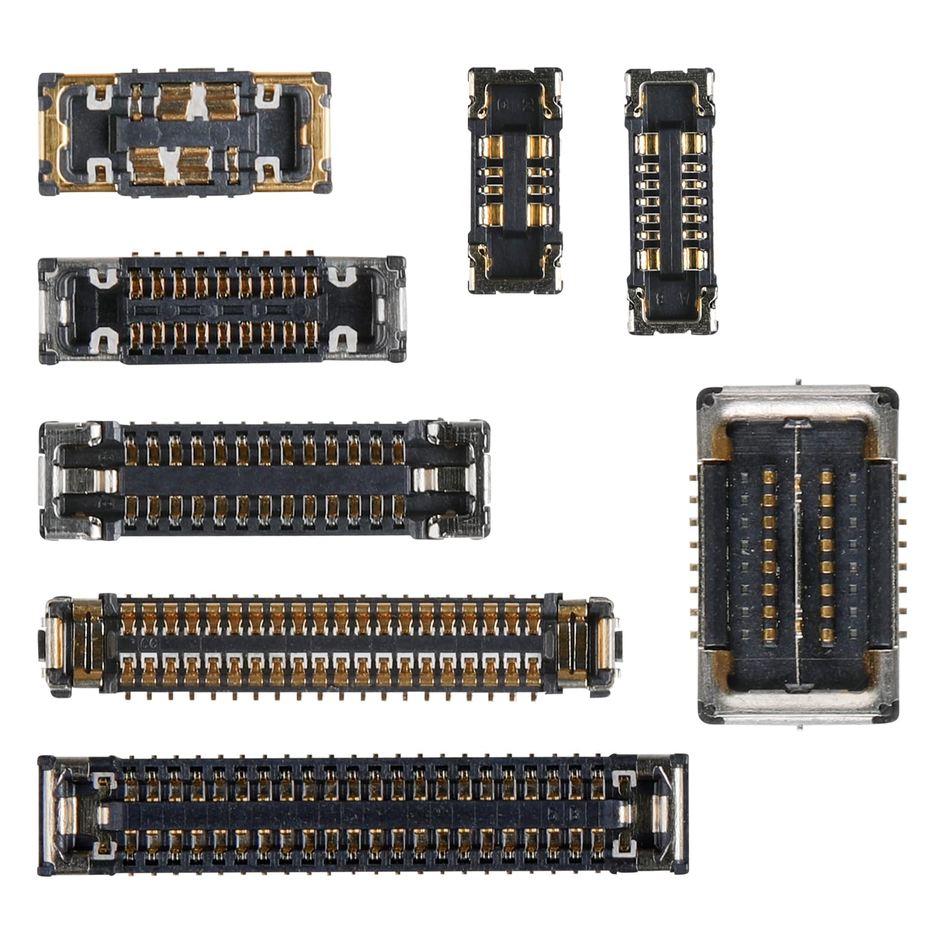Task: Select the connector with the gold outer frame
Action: (184, 135)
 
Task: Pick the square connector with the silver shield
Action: (798, 555)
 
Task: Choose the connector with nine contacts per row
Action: (222, 310)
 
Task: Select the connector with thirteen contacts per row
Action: (264, 478)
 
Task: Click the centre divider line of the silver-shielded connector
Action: (798, 555)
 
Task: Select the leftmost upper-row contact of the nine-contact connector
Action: (136, 283)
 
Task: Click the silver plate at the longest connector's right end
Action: (677, 814)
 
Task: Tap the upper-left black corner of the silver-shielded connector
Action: (706, 399)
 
